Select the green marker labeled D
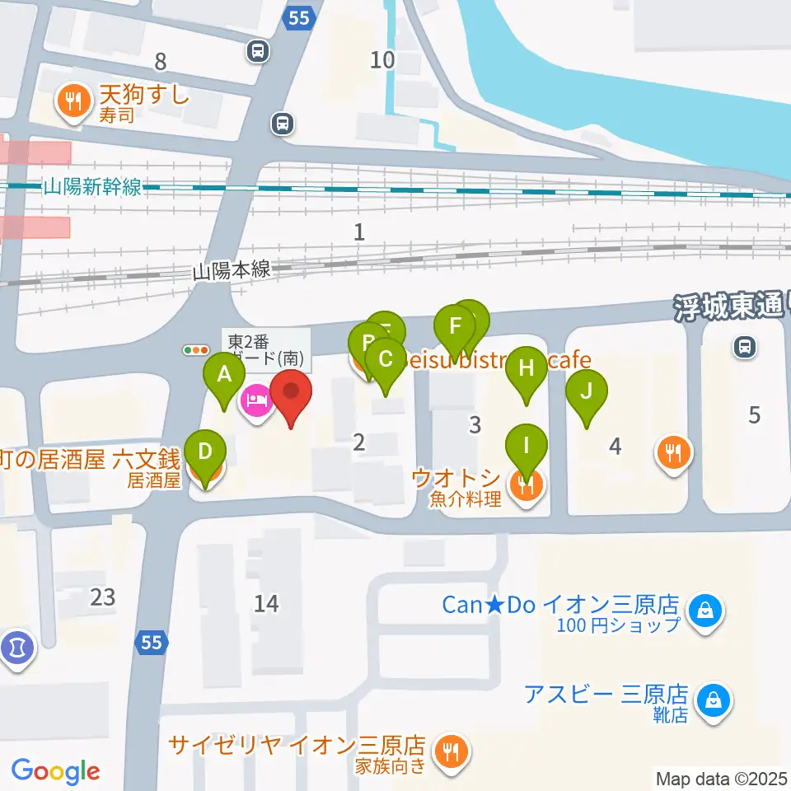point(206,453)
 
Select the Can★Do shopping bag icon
point(706,612)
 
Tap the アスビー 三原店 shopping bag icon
point(709,701)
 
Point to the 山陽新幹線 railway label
point(92,188)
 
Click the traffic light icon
point(196,350)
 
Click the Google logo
point(55,771)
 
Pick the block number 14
point(266,604)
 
